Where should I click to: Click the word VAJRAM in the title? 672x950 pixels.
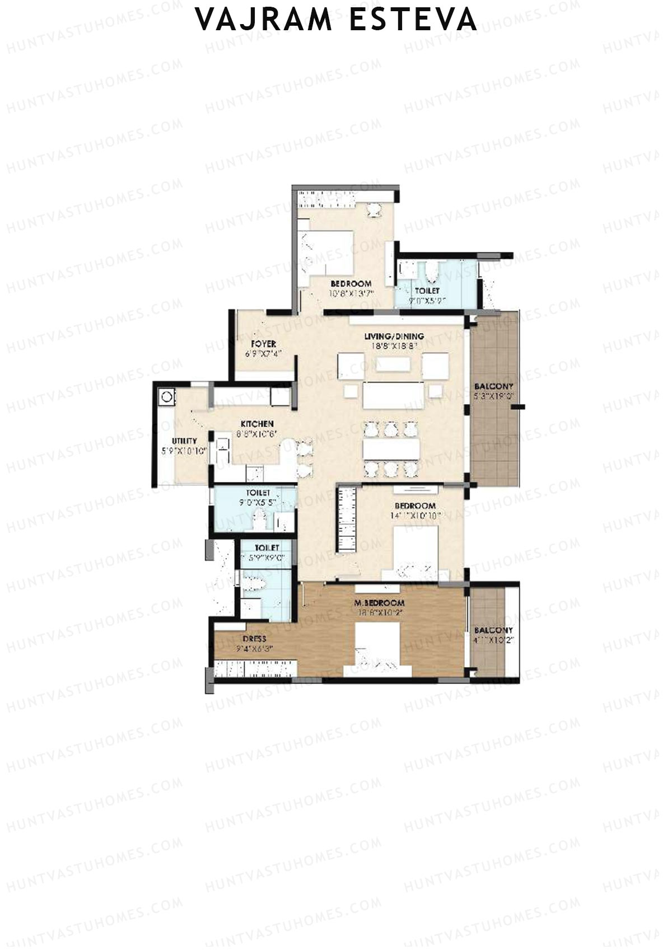point(264,20)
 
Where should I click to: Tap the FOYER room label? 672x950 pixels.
point(263,344)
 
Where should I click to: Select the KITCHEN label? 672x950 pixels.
point(257,424)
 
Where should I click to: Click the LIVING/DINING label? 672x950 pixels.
point(394,336)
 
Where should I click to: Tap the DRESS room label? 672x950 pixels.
point(254,639)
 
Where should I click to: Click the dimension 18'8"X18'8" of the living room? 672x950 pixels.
point(394,346)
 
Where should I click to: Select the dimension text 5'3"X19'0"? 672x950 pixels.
point(493,396)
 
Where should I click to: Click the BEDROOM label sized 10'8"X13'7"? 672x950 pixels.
point(351,284)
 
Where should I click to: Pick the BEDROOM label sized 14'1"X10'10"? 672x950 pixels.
point(414,506)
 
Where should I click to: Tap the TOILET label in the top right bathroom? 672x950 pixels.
point(427,291)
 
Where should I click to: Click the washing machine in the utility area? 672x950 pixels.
point(167,397)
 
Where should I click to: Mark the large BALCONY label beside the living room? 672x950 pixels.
point(493,387)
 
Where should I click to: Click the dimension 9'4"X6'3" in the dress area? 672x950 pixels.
point(254,649)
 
